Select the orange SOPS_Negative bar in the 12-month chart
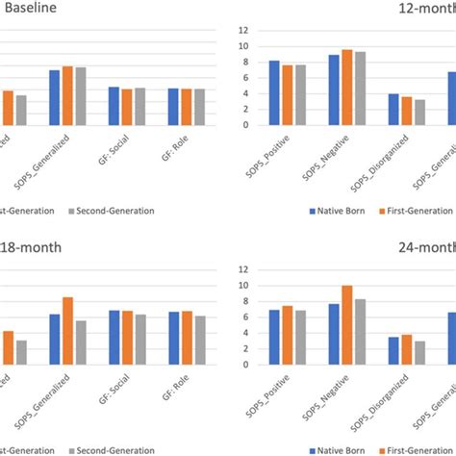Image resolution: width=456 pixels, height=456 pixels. click(x=346, y=87)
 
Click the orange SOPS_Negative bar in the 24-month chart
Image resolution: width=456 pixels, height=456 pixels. click(x=346, y=325)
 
